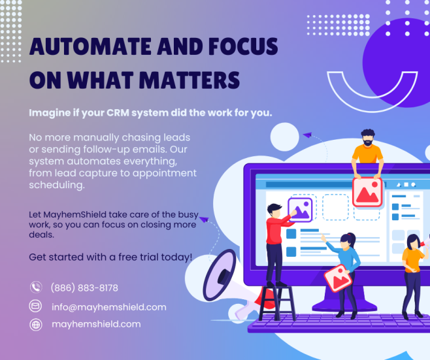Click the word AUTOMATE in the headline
pos(90,46)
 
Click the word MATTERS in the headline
pos(190,80)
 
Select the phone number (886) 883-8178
pos(84,287)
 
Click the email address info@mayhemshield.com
pos(109,307)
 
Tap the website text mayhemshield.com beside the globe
pos(96,324)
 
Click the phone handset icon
pos(36,287)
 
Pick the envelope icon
pos(36,306)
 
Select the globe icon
pos(36,325)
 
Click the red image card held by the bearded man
pos(367,192)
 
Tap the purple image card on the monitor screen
pos(301,210)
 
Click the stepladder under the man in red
pos(277,303)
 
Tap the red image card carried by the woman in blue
pos(338,278)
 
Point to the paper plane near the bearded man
pos(307,135)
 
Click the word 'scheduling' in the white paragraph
pos(57,185)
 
